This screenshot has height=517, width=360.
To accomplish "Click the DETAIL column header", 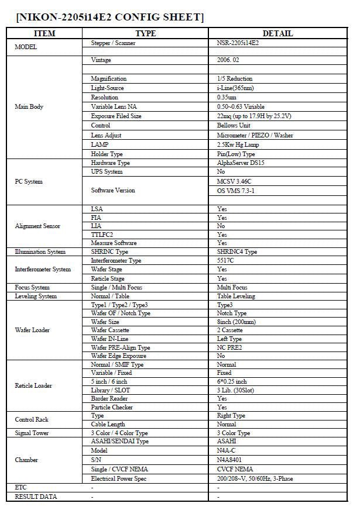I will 277,33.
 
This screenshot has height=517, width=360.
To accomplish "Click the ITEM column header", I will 45,33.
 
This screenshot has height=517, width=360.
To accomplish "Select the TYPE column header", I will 145,33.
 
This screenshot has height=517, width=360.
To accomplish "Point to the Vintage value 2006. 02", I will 229,60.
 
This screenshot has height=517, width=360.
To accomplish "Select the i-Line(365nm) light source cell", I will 234,88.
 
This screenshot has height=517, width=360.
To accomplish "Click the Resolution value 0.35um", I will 227,97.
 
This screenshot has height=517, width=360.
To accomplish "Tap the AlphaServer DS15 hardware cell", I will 241,163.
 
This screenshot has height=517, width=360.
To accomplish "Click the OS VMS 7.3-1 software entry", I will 236,191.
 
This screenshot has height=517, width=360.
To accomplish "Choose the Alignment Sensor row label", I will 37,226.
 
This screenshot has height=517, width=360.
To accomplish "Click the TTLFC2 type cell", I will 102,234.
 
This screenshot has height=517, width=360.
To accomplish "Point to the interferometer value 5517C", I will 225,260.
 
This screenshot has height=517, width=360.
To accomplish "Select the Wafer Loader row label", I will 32,330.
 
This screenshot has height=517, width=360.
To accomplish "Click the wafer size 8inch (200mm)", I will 236,322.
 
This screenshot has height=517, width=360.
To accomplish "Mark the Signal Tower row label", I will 32,433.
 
